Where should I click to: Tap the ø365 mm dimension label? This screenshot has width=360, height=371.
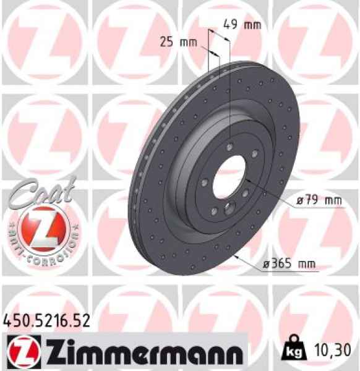[289, 265]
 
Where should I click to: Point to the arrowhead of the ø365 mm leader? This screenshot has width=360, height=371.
[236, 256]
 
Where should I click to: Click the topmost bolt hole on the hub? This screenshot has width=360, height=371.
[229, 147]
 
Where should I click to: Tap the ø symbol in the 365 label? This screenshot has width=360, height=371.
[265, 265]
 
